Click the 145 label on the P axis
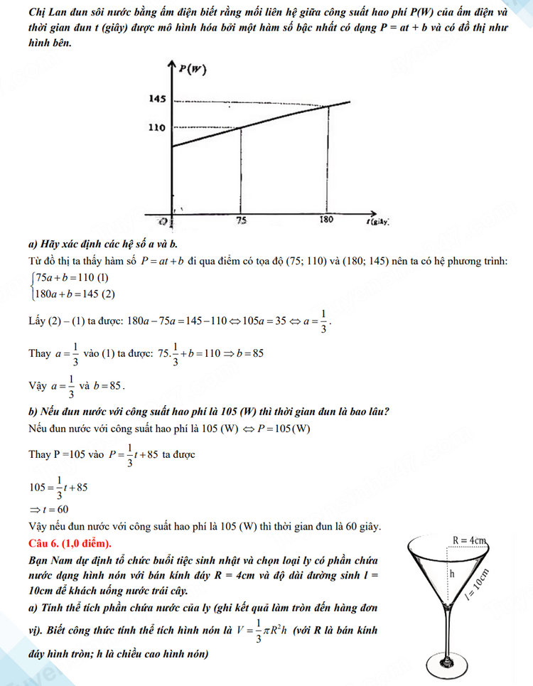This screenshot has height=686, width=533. click(157, 99)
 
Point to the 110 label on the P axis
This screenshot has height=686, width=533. click(157, 128)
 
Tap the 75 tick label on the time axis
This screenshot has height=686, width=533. click(242, 221)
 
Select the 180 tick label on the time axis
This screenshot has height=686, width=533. click(325, 220)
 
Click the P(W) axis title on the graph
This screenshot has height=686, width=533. click(193, 69)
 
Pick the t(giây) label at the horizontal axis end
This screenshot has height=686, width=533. click(378, 221)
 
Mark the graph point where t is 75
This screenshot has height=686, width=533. click(242, 128)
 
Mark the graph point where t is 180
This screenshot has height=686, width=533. click(328, 106)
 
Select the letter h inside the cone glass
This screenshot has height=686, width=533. click(451, 572)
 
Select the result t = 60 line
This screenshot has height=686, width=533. click(49, 509)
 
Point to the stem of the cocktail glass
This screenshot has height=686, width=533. click(449, 633)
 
